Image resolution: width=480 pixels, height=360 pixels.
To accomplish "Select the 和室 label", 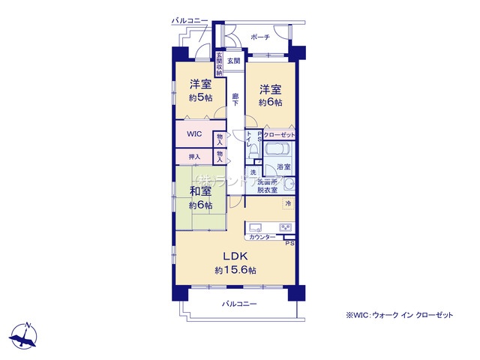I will [x=200, y=191].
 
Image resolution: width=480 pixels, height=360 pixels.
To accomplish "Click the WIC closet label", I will [x=195, y=136].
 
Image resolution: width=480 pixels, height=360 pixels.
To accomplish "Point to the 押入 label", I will [x=194, y=157].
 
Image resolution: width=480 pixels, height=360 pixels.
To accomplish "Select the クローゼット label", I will [x=279, y=133].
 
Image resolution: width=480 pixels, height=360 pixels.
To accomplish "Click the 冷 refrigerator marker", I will [x=287, y=203].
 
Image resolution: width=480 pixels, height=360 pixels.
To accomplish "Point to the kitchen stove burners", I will [x=286, y=227].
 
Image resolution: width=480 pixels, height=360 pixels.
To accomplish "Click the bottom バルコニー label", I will [x=239, y=304].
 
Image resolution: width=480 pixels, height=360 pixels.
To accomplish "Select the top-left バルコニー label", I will [x=189, y=20].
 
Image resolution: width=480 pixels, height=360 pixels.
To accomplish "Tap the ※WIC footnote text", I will [x=399, y=316].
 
